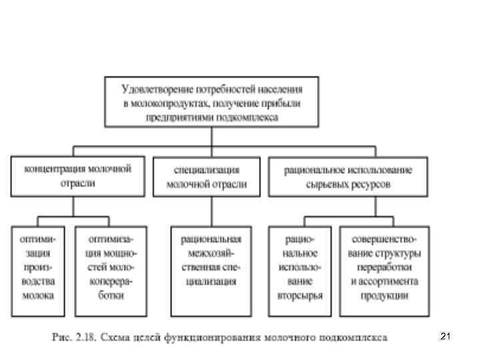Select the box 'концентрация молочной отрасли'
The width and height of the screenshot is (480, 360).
77,176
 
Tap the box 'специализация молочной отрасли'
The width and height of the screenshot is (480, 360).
206,176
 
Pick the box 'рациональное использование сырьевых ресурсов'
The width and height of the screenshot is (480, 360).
349,176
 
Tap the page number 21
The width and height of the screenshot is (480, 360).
445,337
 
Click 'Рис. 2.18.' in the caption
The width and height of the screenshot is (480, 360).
73,337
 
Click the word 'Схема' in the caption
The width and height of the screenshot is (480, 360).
115,337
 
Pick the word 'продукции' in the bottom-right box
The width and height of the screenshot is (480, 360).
385,297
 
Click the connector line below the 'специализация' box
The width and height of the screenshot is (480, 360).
211,211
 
